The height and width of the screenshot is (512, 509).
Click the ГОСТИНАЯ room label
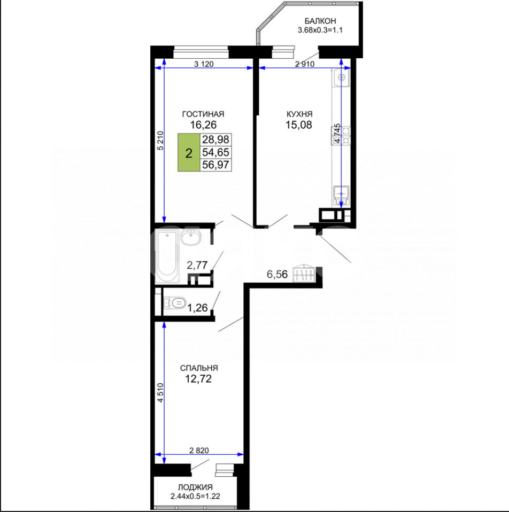[x=203, y=114]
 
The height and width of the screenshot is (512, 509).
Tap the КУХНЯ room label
[x=299, y=114]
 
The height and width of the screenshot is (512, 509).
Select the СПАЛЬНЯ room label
[x=199, y=368]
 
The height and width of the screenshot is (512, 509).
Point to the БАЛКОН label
[x=320, y=21]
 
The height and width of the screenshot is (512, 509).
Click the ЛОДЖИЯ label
[x=195, y=487]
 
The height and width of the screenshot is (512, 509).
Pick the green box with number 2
[x=189, y=152]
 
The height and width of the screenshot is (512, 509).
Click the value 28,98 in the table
[x=215, y=139]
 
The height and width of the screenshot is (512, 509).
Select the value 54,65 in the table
[x=215, y=152]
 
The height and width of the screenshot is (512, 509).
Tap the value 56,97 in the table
[x=215, y=165]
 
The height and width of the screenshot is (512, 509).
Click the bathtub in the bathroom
[x=167, y=257]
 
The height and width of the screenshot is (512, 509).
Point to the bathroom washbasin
[x=191, y=237]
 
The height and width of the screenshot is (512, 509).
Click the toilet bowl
[x=175, y=302]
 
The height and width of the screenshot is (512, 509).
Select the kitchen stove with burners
[x=342, y=136]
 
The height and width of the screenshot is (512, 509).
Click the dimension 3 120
[x=204, y=64]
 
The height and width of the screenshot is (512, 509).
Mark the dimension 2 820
[x=199, y=451]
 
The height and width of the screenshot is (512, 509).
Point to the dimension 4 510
[x=160, y=393]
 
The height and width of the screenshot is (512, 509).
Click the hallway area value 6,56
[x=277, y=274]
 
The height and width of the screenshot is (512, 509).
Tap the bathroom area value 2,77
[x=197, y=265]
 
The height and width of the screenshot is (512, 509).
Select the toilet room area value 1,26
[x=197, y=308]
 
